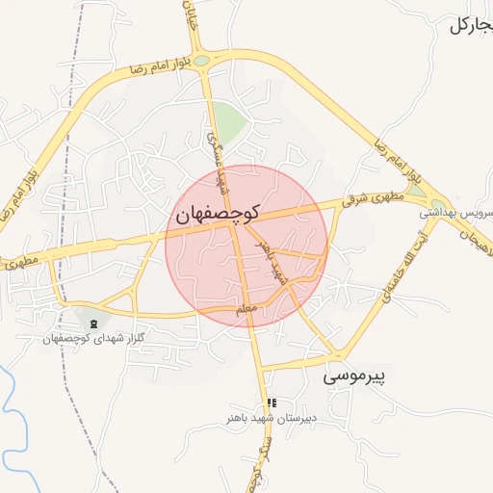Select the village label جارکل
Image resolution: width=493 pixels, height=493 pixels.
[x=471, y=25]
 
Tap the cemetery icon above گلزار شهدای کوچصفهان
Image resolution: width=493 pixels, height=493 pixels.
[x=93, y=323]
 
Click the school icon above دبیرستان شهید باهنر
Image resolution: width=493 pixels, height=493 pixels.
[x=272, y=402]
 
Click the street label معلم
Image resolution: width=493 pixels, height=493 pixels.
[x=246, y=311]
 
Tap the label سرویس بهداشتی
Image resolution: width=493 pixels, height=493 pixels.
[x=459, y=212]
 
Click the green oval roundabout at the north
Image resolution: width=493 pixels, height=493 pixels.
[x=201, y=62]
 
